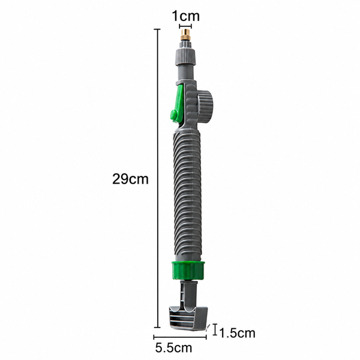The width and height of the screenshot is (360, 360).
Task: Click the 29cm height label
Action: point(130,179)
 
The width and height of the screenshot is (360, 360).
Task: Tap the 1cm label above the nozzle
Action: point(186,16)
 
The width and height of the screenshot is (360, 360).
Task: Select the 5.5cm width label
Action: point(173,347)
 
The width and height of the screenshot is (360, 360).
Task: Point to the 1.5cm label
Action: point(237,333)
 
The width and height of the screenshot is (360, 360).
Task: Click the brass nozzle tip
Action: point(185,35)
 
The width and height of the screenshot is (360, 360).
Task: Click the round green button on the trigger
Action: point(174,115)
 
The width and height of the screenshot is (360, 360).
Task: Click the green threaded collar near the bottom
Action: point(188,271)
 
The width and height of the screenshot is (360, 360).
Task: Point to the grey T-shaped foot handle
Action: point(188,317)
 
